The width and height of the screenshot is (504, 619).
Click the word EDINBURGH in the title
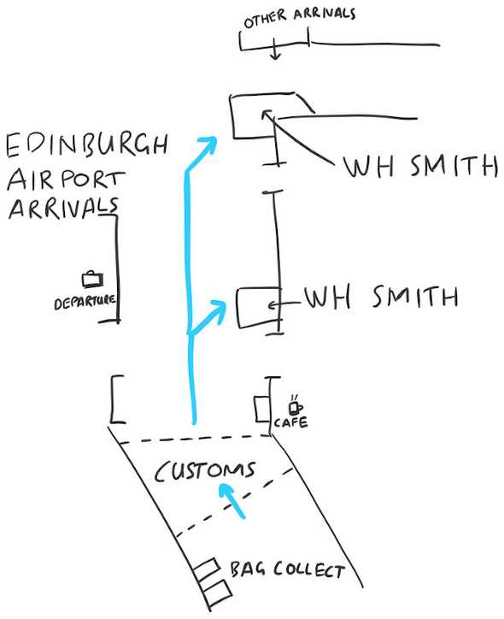(x=87, y=145)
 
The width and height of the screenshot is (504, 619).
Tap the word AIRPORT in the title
(x=66, y=180)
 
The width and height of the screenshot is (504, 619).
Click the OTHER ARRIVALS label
(x=299, y=17)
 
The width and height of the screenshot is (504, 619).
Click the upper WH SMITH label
(x=420, y=166)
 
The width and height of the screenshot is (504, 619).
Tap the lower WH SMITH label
(x=381, y=297)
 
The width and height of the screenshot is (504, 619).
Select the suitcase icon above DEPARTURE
(x=92, y=279)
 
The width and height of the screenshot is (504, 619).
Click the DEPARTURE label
(x=85, y=303)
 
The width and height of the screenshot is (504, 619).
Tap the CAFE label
(x=291, y=423)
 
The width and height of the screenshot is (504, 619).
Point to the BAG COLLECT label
(x=287, y=569)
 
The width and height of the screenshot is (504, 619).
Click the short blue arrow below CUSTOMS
(x=231, y=500)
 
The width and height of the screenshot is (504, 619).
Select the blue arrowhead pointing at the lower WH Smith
(x=216, y=310)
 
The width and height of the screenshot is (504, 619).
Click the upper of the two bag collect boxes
(x=206, y=569)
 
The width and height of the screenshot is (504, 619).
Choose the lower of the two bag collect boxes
(x=216, y=593)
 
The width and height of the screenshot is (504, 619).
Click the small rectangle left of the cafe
(x=262, y=410)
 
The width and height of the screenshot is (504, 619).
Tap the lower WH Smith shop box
(x=238, y=308)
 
